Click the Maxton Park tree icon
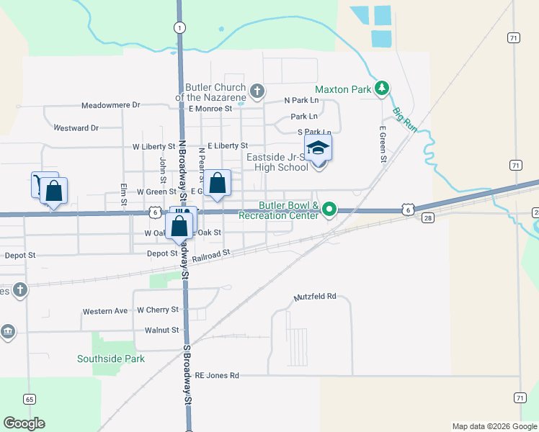pyautogui.click(x=382, y=89)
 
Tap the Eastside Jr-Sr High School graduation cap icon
pyautogui.click(x=318, y=149)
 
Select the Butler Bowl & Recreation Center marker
pyautogui.click(x=329, y=210)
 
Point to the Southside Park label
pyautogui.click(x=111, y=359)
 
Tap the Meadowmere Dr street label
pyautogui.click(x=110, y=105)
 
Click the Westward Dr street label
pyautogui.click(x=76, y=128)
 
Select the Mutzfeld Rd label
pyautogui.click(x=315, y=297)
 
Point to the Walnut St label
pyautogui.click(x=161, y=330)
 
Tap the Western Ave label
pyautogui.click(x=104, y=311)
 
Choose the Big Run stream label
pyautogui.click(x=405, y=118)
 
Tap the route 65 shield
pyautogui.click(x=30, y=399)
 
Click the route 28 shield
pyautogui.click(x=427, y=217)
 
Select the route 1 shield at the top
pyautogui.click(x=178, y=27)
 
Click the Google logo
pyautogui.click(x=24, y=423)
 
